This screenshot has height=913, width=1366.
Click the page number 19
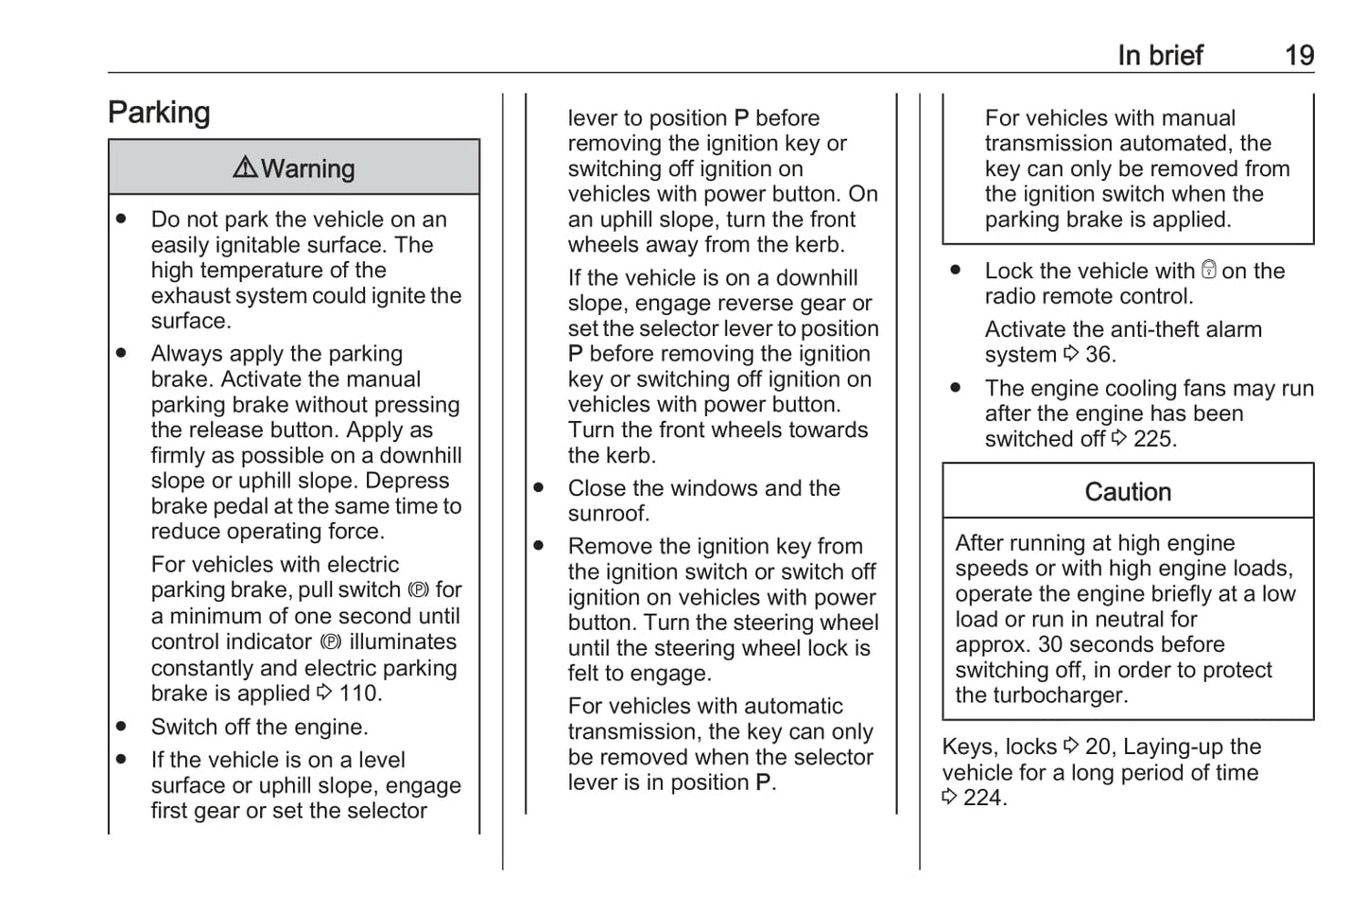tap(1299, 56)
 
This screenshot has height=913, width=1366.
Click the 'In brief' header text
tap(1160, 56)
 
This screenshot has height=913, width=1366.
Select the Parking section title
tap(159, 113)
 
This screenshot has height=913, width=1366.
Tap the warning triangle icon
tap(245, 167)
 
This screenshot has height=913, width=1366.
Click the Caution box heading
tap(1128, 492)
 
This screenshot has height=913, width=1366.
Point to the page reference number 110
tap(359, 694)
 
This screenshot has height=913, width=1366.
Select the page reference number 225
tap(1154, 439)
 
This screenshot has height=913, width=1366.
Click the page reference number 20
tap(1098, 746)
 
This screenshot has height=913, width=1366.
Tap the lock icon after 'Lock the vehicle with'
tap(1208, 271)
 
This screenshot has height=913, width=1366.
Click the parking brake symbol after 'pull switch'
tap(418, 590)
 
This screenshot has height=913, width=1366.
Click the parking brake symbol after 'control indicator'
tap(330, 642)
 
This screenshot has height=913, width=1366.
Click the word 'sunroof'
tap(608, 514)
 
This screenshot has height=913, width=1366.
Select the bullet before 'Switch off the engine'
tap(122, 727)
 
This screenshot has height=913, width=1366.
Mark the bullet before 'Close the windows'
tap(539, 488)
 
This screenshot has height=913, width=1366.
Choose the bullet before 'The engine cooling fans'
tap(956, 388)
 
